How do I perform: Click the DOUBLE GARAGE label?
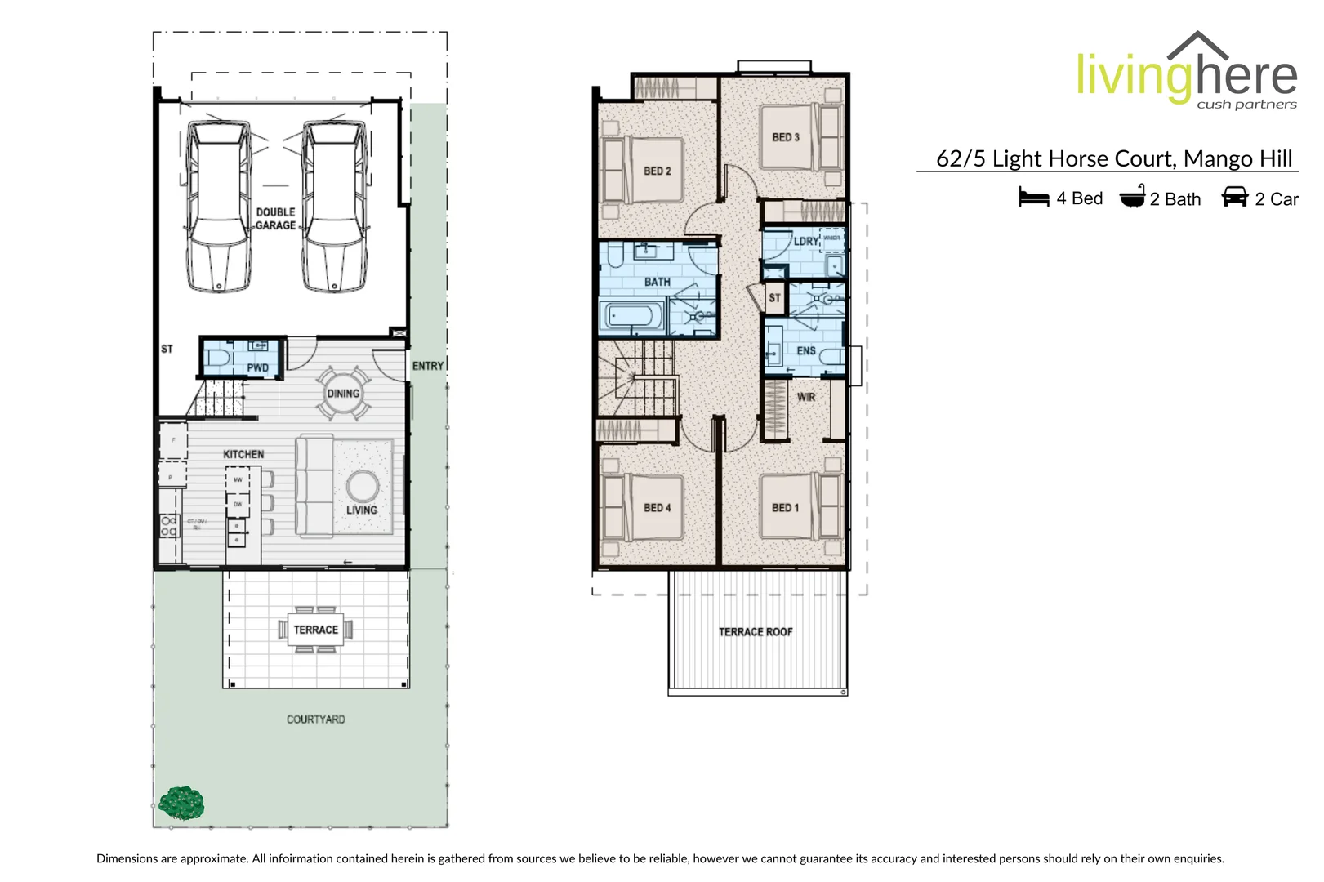click(x=275, y=218)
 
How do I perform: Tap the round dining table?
click(x=343, y=394)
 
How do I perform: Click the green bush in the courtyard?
click(x=181, y=803)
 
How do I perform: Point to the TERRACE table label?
click(x=315, y=630)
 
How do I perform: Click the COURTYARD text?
click(x=315, y=719)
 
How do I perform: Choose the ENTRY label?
click(x=427, y=366)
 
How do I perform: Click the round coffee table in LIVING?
click(x=362, y=486)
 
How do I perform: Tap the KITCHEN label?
click(x=243, y=454)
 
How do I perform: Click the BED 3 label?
click(x=785, y=137)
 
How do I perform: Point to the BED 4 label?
click(x=657, y=507)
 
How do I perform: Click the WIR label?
click(x=805, y=397)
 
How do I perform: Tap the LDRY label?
click(x=805, y=241)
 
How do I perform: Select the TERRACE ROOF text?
click(x=755, y=631)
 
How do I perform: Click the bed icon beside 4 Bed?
click(x=1033, y=198)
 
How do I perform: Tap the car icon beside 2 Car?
click(x=1234, y=198)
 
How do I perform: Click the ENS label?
click(x=805, y=350)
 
